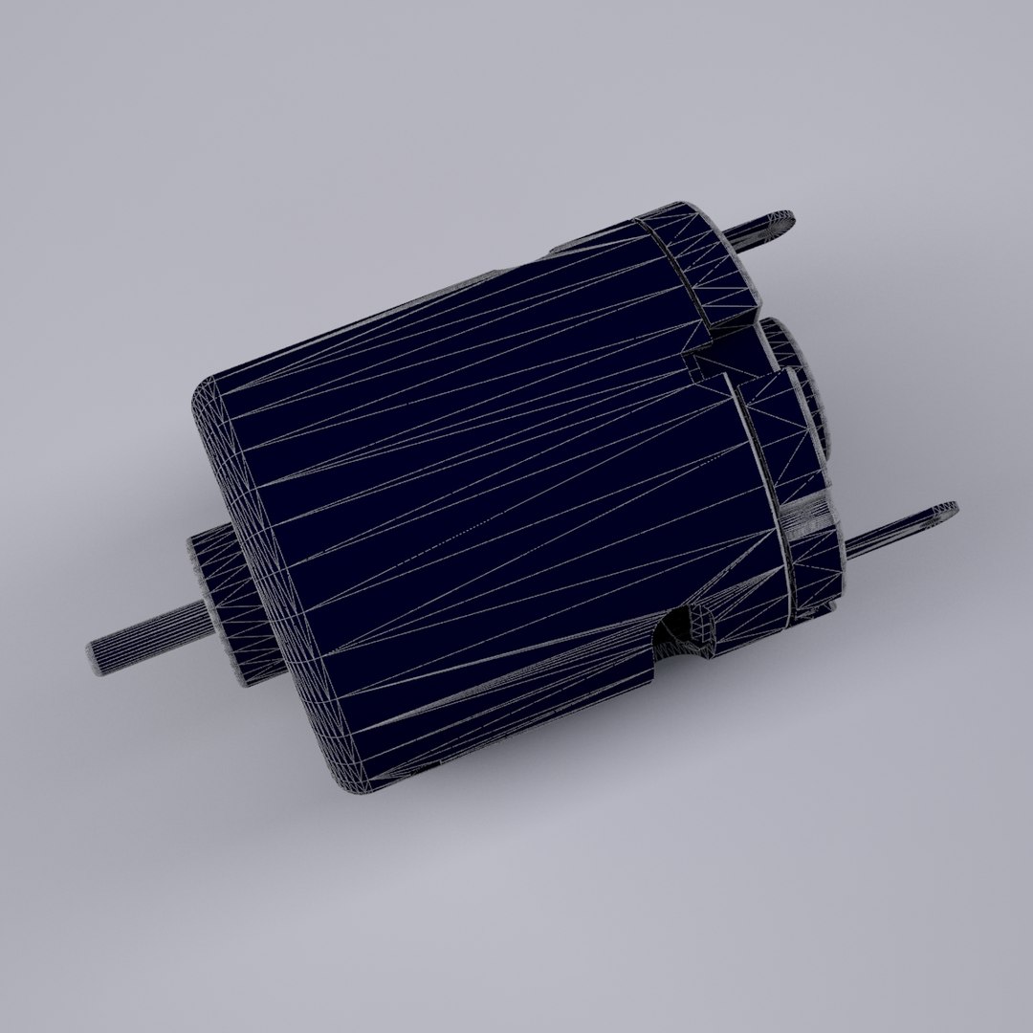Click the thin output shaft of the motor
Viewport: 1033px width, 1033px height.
(143, 630)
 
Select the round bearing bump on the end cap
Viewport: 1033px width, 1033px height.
(799, 383)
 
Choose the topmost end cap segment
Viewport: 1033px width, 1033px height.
(698, 263)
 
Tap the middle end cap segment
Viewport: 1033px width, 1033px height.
(780, 430)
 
